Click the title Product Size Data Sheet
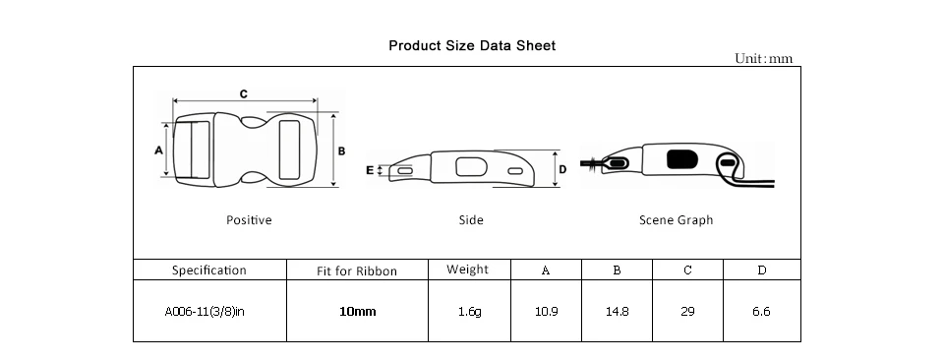click(472, 46)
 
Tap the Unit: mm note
click(763, 58)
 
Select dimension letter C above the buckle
click(243, 93)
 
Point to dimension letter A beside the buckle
click(159, 150)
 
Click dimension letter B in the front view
click(341, 151)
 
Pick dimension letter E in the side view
click(370, 170)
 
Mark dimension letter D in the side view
click(562, 170)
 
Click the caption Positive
click(249, 220)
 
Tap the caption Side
click(471, 220)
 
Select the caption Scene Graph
click(677, 220)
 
